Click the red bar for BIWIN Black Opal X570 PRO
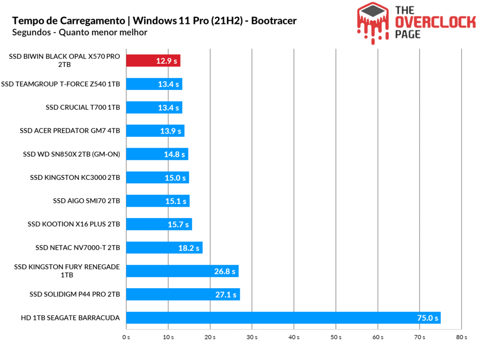153,60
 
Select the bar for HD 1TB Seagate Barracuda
283,318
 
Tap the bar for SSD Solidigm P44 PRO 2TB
183,294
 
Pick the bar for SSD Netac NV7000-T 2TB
164,247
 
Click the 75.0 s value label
427,318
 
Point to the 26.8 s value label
225,271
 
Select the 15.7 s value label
178,225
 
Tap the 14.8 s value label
174,154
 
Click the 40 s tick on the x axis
294,337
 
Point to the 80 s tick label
462,337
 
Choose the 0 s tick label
126,337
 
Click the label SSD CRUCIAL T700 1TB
83,107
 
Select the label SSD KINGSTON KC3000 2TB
75,178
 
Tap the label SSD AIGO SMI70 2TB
87,201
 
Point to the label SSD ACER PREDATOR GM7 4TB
70,131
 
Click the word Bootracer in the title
273,21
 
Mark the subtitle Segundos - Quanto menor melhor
80,32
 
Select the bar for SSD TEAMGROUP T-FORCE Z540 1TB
154,84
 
